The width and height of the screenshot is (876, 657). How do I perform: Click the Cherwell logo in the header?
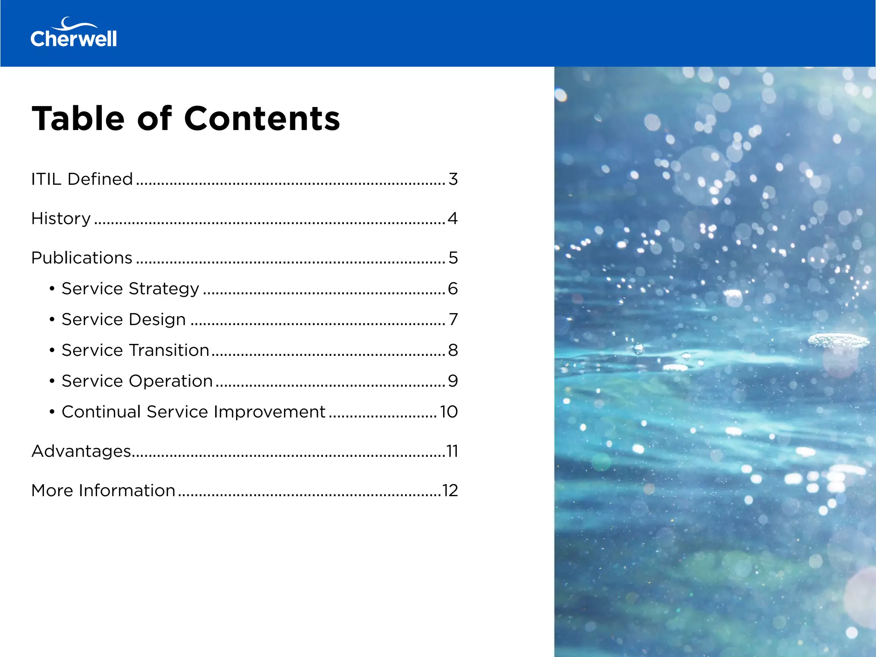74,33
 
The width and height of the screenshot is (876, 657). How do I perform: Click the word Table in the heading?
78,118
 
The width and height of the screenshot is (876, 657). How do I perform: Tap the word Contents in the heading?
262,118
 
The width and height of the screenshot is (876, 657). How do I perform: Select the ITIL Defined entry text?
82,179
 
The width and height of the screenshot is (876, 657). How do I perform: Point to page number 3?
453,179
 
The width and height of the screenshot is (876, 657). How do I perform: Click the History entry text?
61,219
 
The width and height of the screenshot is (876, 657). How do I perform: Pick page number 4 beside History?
453,219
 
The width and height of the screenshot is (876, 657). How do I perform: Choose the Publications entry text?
82,258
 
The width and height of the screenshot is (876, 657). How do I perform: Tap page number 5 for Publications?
453,258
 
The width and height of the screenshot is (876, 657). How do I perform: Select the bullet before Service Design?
52,320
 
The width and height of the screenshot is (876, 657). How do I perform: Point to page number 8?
453,350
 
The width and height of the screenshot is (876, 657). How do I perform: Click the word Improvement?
269,412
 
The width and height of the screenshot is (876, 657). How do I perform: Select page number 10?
449,412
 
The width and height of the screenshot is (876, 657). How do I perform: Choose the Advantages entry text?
81,451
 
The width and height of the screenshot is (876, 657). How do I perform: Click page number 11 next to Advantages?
452,451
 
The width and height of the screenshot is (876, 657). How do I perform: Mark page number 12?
450,491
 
